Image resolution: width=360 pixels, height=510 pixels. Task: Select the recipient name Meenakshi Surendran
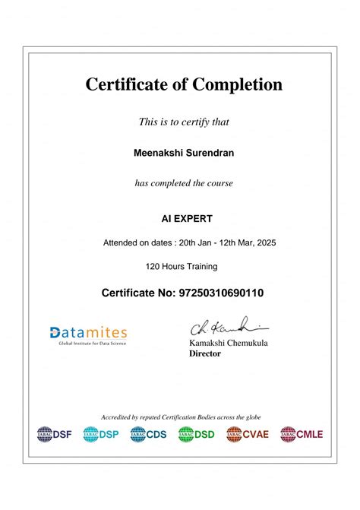click(183, 153)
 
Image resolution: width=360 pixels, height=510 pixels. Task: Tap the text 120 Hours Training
click(182, 266)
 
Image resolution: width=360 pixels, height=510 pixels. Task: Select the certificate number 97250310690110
click(221, 292)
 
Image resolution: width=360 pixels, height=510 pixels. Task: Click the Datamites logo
click(88, 334)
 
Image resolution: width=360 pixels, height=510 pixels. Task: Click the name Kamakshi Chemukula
click(228, 344)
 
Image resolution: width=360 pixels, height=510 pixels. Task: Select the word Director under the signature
click(204, 353)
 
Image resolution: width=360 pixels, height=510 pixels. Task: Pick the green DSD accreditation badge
click(197, 434)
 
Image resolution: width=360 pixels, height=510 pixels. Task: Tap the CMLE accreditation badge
click(302, 434)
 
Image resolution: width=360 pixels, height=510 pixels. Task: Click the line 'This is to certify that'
click(184, 122)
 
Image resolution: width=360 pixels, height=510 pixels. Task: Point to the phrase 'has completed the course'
click(184, 183)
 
